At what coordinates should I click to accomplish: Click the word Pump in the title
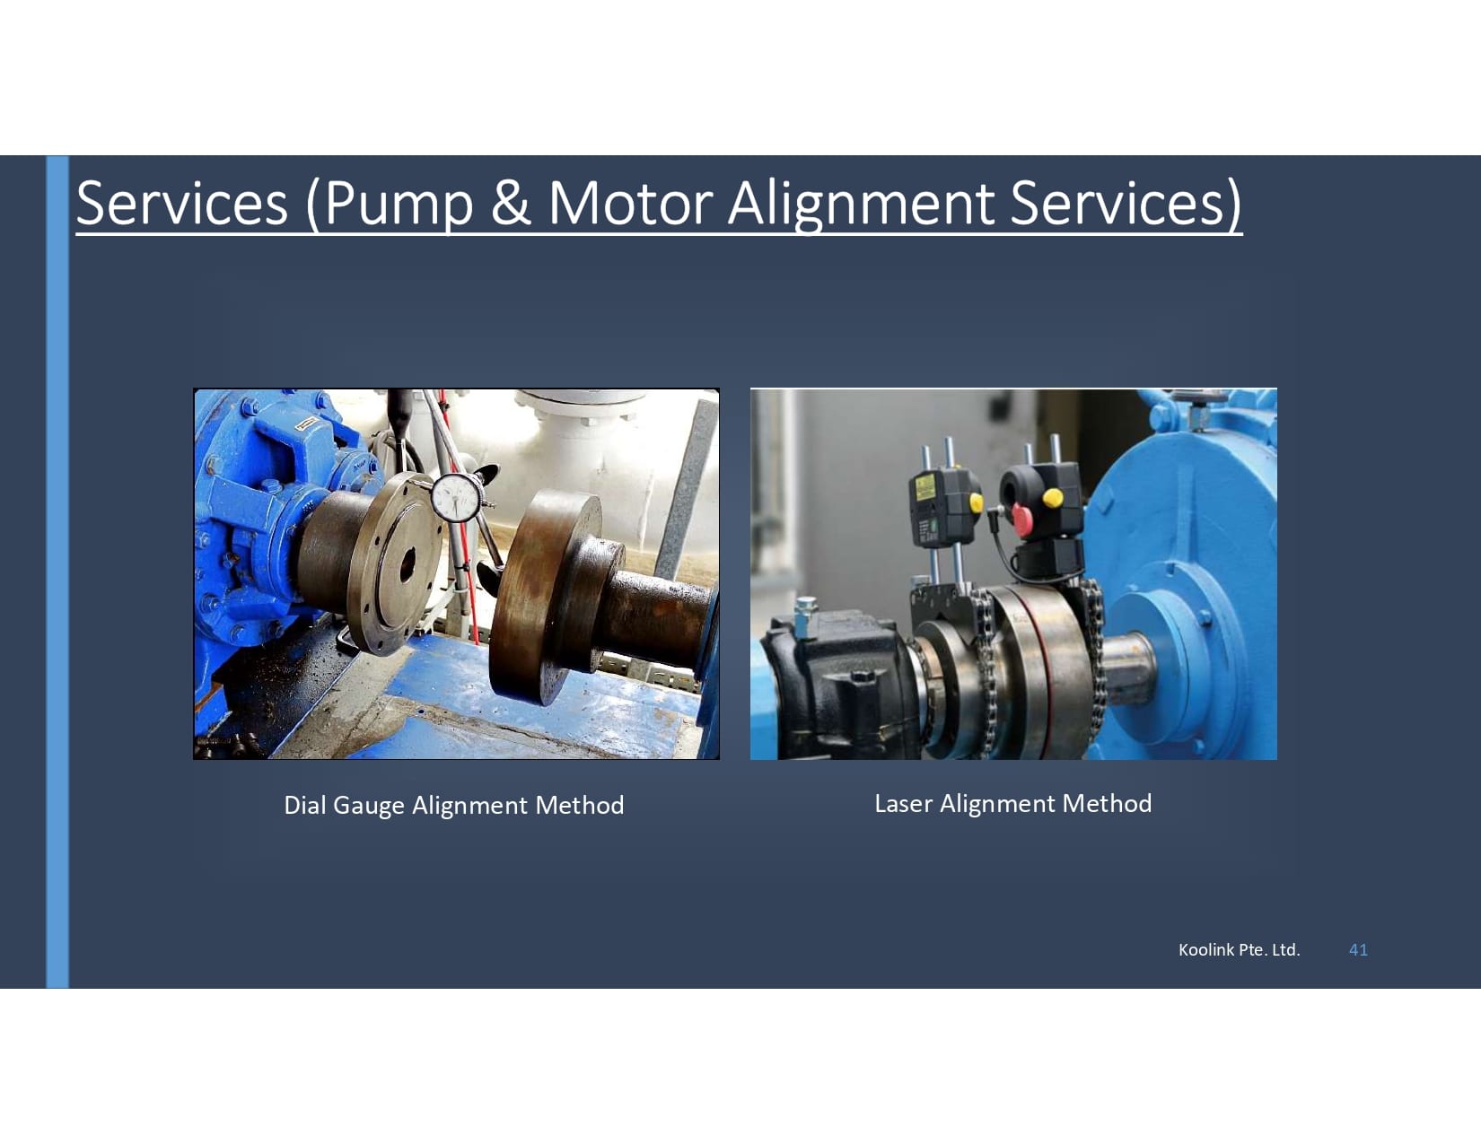point(398,203)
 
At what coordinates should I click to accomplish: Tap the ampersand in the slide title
point(511,202)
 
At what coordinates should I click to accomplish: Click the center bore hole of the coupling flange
point(405,564)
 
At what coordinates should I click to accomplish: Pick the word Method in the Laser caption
point(1107,803)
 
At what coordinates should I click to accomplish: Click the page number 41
point(1358,949)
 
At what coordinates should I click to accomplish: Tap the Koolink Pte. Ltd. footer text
point(1239,949)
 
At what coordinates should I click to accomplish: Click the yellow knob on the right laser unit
point(1053,496)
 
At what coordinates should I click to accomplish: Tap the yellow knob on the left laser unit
point(976,503)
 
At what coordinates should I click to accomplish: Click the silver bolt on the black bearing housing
point(805,607)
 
